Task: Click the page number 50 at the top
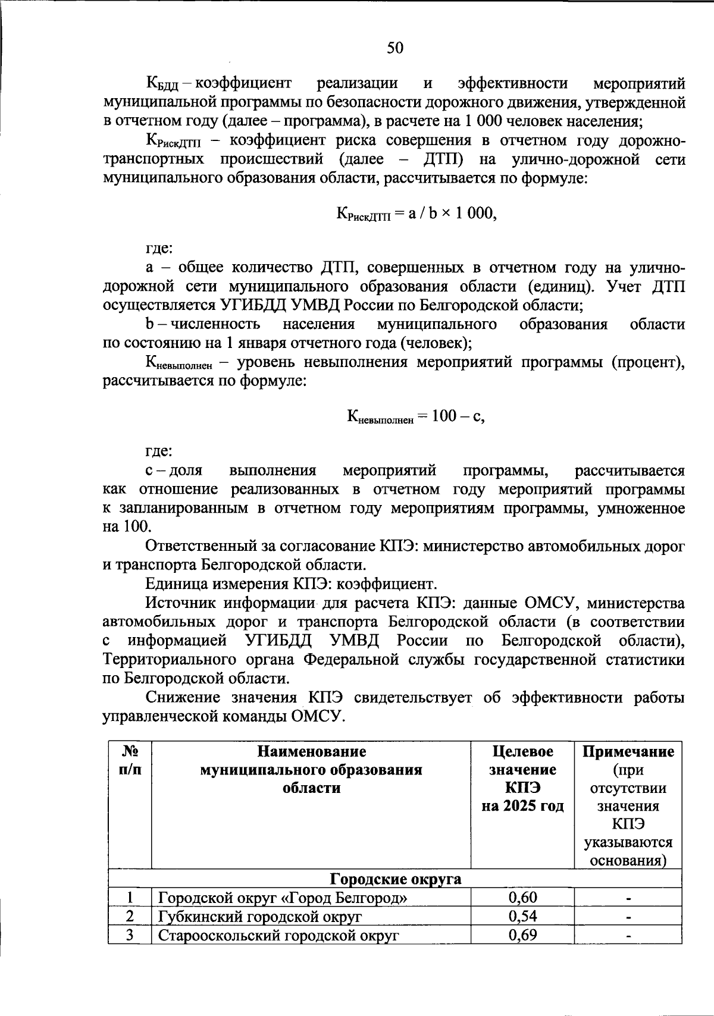point(395,48)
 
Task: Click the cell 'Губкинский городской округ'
point(259,916)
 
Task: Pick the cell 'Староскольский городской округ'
point(278,935)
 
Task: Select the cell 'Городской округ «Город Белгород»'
point(283,898)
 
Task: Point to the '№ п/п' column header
point(130,761)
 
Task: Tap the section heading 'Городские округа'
point(396,879)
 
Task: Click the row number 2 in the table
point(130,916)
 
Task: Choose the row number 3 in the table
point(130,935)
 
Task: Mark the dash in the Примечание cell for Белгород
point(628,898)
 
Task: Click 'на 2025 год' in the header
point(522,807)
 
